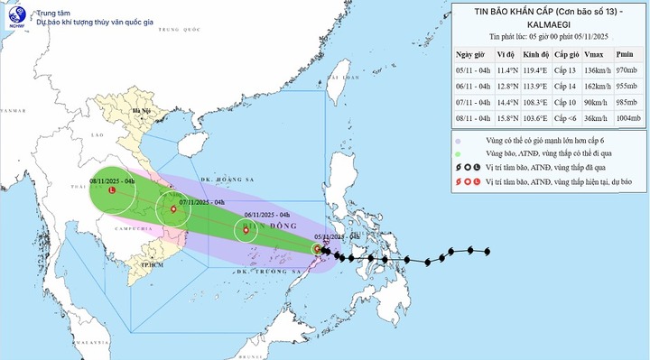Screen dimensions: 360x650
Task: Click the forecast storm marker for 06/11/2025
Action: point(245,231)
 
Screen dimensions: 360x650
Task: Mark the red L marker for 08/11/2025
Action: point(111,191)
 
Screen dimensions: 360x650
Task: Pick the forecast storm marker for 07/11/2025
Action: point(169,211)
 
